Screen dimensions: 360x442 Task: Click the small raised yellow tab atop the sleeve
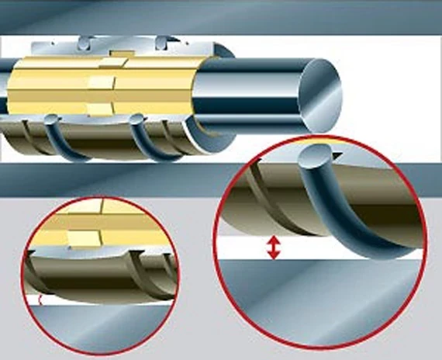116,54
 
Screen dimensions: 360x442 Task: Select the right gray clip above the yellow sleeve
163,42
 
